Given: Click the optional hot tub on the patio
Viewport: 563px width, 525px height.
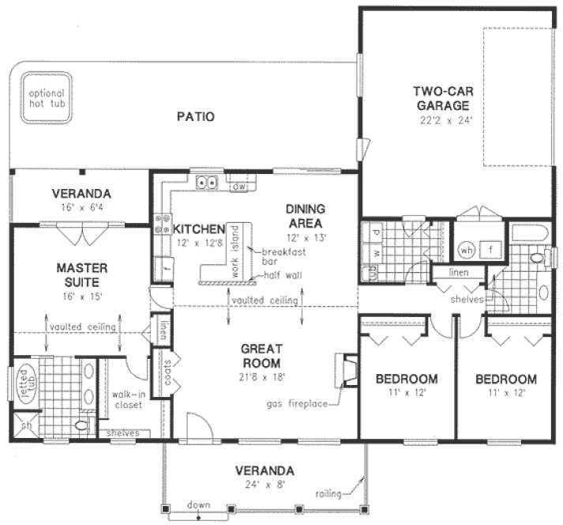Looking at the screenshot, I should pyautogui.click(x=43, y=98).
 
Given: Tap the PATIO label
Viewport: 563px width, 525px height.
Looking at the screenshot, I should pyautogui.click(x=195, y=116).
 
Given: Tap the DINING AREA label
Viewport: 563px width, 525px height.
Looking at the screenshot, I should pyautogui.click(x=305, y=216).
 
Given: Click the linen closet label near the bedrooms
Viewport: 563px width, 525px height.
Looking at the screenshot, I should pyautogui.click(x=460, y=273).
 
